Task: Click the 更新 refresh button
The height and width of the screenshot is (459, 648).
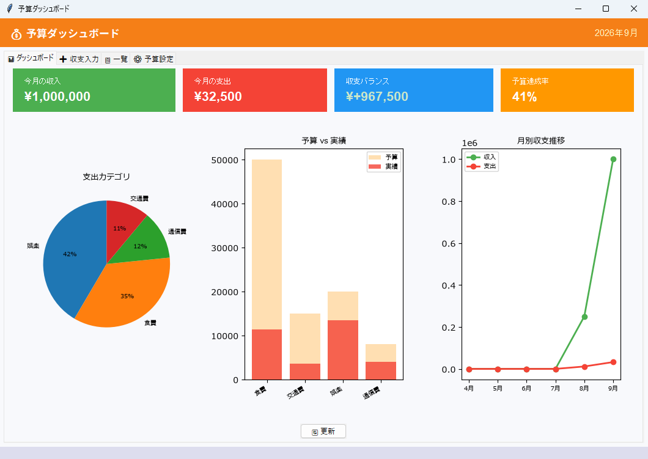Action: (323, 431)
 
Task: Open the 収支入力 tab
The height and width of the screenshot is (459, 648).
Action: (79, 59)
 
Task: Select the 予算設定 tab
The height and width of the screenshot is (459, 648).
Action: (153, 59)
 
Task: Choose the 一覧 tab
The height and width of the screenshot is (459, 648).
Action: (116, 59)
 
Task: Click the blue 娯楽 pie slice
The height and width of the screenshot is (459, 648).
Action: (70, 256)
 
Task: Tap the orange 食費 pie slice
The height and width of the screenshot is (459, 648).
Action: (124, 293)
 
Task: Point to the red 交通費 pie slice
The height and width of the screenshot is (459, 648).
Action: (122, 225)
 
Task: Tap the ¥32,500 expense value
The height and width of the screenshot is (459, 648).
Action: (218, 97)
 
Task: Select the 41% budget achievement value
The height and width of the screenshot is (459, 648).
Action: (525, 97)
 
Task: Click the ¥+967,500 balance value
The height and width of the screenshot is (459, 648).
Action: (377, 97)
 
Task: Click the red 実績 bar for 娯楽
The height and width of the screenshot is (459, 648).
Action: (343, 350)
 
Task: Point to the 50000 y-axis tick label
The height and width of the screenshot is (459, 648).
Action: (225, 160)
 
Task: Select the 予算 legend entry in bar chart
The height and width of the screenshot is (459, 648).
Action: (383, 158)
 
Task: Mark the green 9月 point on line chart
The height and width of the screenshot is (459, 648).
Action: (613, 159)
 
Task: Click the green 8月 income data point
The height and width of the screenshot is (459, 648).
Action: (584, 317)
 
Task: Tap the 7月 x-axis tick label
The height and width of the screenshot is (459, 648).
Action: (555, 388)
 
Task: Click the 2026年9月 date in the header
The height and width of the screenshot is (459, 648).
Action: (616, 33)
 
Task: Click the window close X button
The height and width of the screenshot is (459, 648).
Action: (633, 9)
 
